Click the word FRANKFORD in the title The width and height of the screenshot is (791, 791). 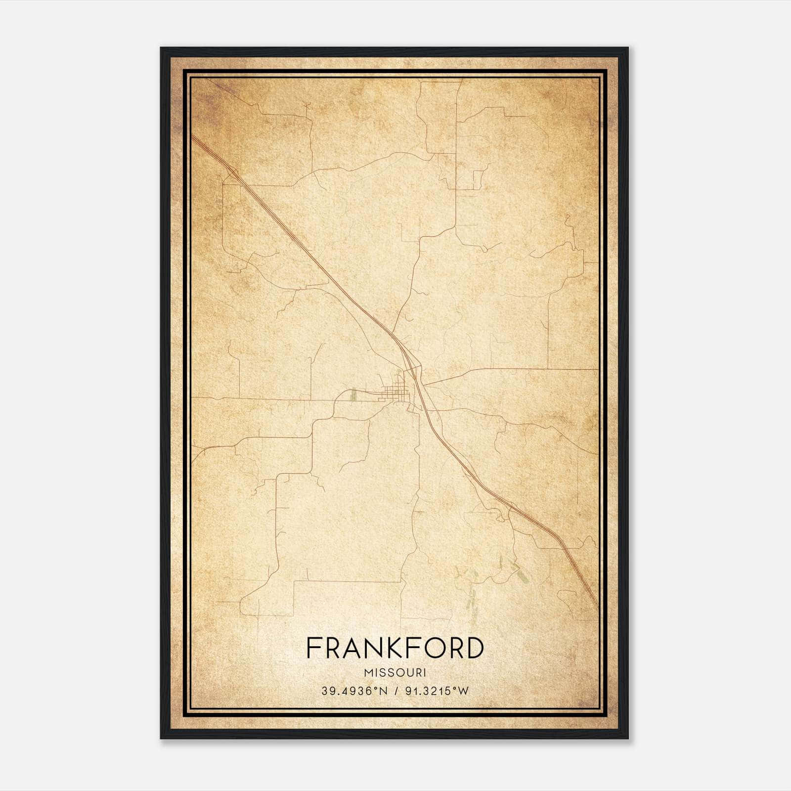point(395,648)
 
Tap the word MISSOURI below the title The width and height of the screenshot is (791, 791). point(395,673)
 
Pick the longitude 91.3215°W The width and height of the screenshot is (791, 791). point(436,691)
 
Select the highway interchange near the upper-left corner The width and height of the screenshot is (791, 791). point(232,171)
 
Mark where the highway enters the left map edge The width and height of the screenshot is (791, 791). point(193,136)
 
